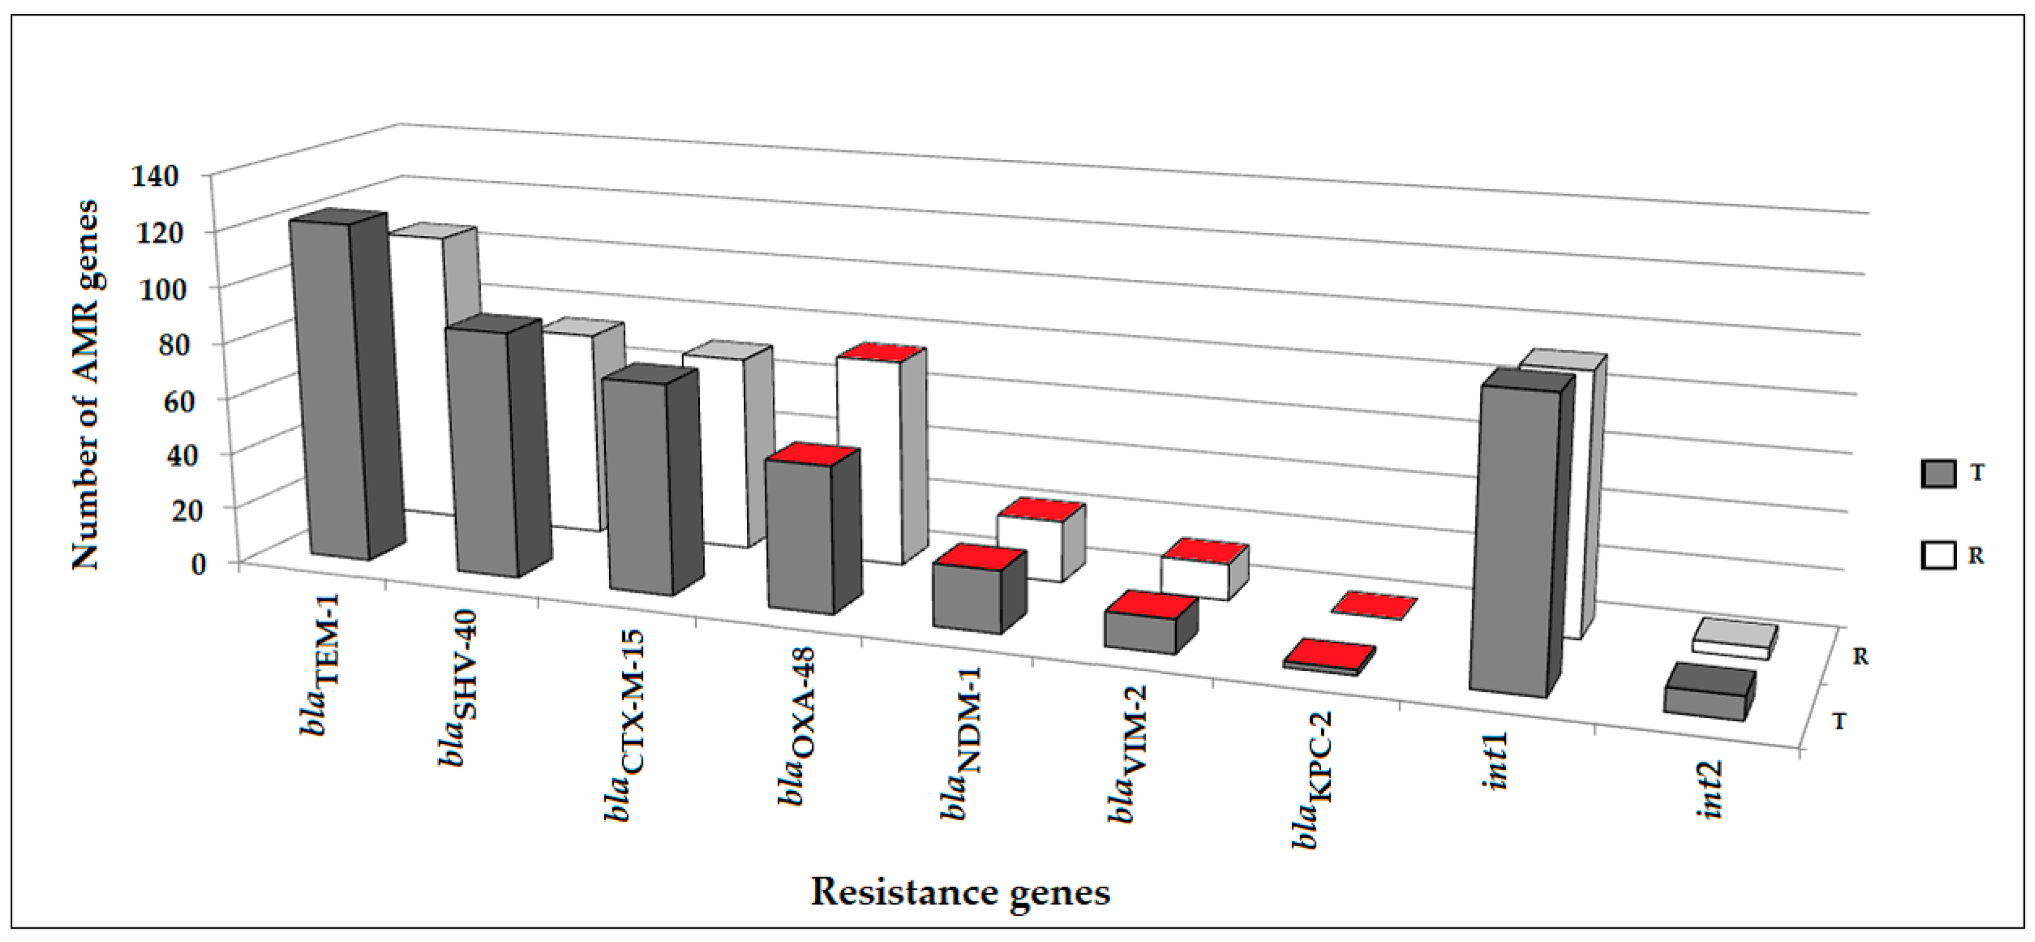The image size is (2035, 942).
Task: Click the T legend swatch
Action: tap(1937, 474)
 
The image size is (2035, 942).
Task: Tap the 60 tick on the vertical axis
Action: tap(161, 399)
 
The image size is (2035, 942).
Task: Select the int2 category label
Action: tap(1711, 790)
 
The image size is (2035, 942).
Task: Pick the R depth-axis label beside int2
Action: tap(1860, 656)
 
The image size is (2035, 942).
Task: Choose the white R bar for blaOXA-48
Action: tap(869, 458)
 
